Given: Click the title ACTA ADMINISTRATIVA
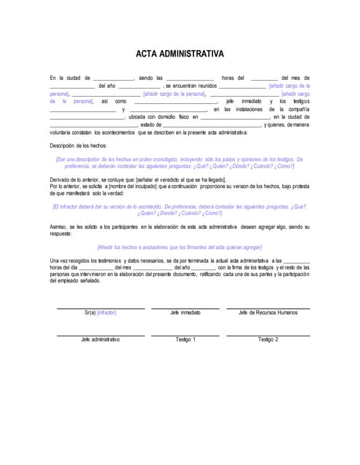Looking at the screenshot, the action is coord(180,54).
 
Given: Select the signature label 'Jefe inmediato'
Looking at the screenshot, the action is coord(185,313).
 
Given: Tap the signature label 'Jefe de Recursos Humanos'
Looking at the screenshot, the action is coord(268,313).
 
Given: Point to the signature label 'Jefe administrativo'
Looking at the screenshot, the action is coord(100,339).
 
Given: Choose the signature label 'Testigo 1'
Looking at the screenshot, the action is coord(185,339).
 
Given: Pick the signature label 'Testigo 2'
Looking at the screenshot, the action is coord(268,339).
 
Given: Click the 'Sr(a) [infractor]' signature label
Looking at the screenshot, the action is coord(100,313).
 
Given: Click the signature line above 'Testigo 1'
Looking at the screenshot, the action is coord(185,335).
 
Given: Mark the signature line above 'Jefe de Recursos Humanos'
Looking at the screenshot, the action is coord(268,309).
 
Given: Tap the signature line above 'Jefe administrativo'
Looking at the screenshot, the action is coord(100,335).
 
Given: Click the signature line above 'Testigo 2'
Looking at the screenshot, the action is coord(268,335).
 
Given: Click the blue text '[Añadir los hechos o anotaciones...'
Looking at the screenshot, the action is coord(180,247).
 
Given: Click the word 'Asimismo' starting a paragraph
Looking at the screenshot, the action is coord(62,227).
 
